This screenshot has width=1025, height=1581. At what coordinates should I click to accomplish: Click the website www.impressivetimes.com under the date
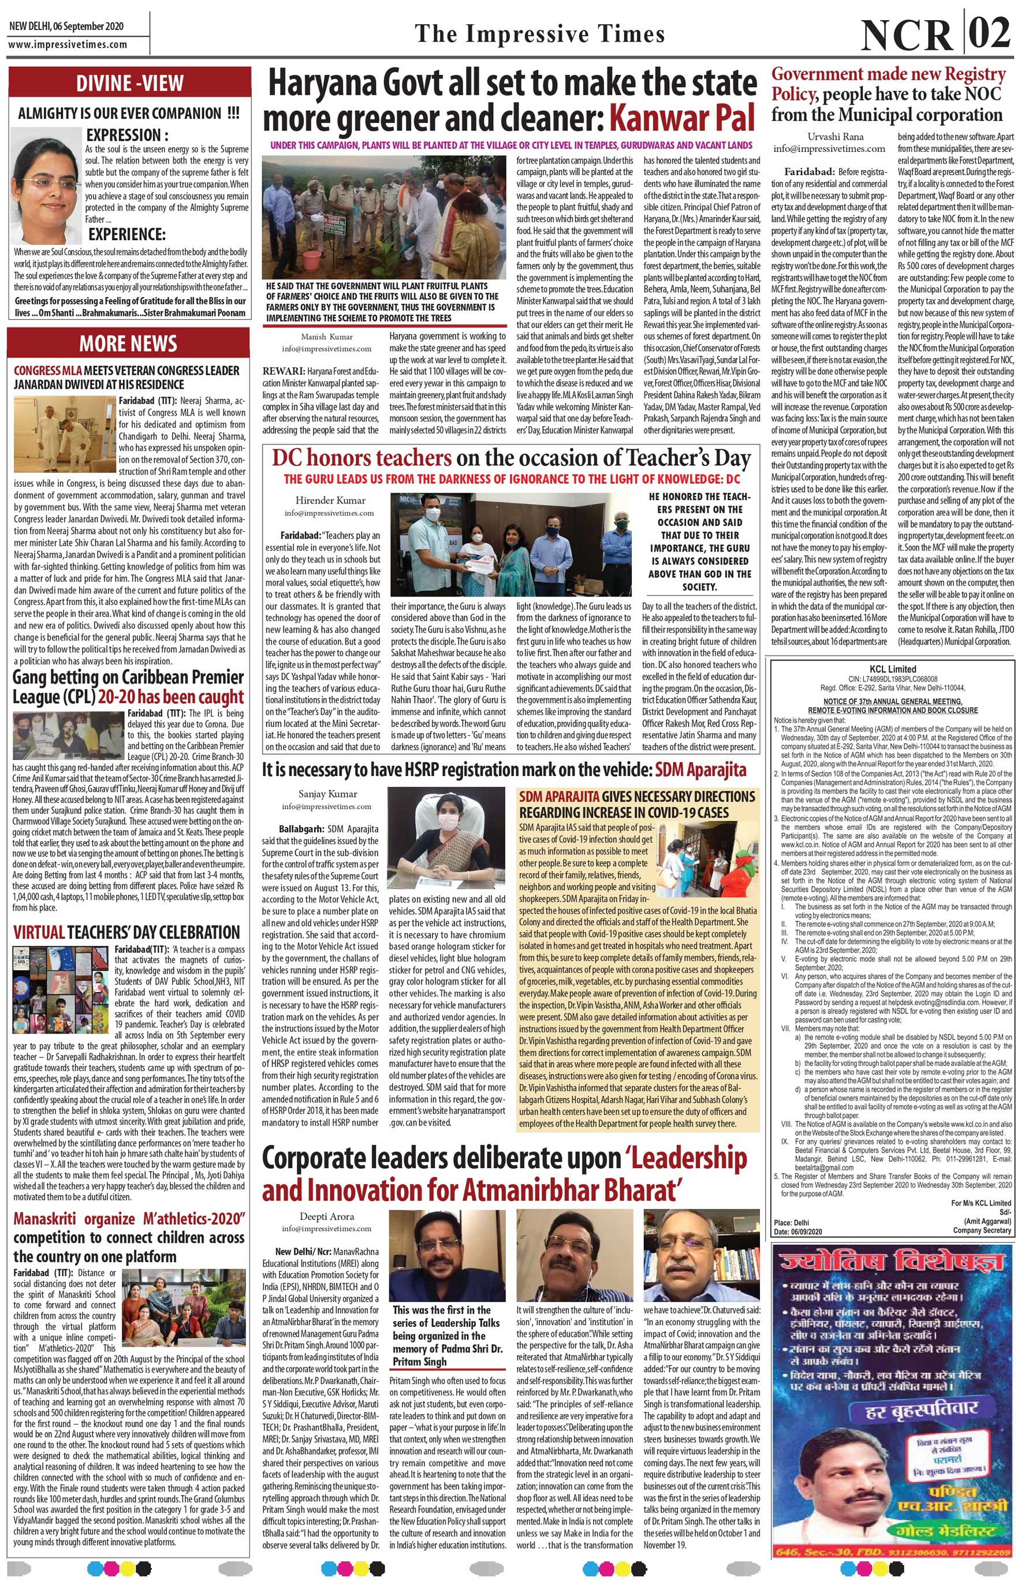[x=67, y=44]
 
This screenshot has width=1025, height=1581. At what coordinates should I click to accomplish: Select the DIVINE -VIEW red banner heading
[x=129, y=83]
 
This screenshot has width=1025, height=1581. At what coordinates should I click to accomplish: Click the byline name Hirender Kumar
[x=326, y=500]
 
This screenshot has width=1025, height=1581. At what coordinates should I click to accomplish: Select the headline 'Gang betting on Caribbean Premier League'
[x=128, y=687]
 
